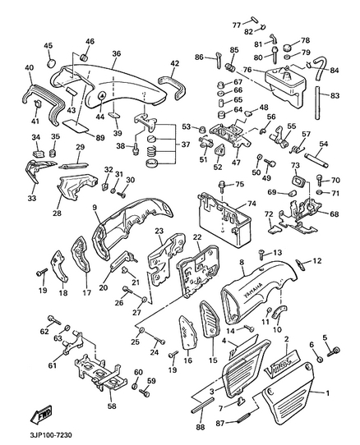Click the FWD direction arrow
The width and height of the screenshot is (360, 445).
coord(41,415)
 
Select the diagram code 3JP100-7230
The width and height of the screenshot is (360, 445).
coord(50,435)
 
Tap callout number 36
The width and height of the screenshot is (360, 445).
coord(116,53)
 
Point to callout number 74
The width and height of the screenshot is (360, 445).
coord(252,204)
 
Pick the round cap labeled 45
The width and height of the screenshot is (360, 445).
coord(51,63)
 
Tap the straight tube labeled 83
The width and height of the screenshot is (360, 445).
coord(317,103)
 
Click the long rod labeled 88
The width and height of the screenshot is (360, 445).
coord(203,406)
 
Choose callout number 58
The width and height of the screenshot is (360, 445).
coord(112,406)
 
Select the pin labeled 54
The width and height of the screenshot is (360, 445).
coord(316,160)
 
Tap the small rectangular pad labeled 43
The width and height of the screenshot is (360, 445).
coord(72,91)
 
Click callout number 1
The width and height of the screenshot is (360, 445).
coord(328,393)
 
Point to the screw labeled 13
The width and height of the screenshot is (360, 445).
coord(261,254)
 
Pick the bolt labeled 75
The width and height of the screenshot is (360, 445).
coord(222,186)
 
